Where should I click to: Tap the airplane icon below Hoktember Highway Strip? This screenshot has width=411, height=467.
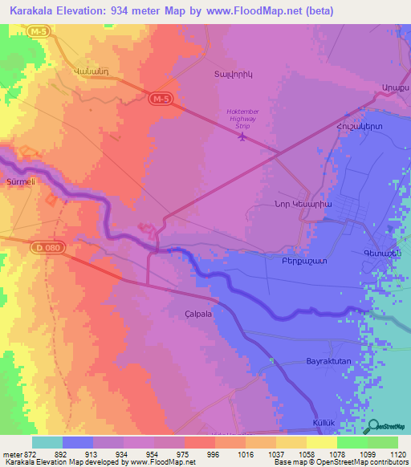coord(242,136)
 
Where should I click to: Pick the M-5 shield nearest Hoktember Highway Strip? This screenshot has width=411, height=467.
coord(160,98)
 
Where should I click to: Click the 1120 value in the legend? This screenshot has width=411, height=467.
coord(397,454)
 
